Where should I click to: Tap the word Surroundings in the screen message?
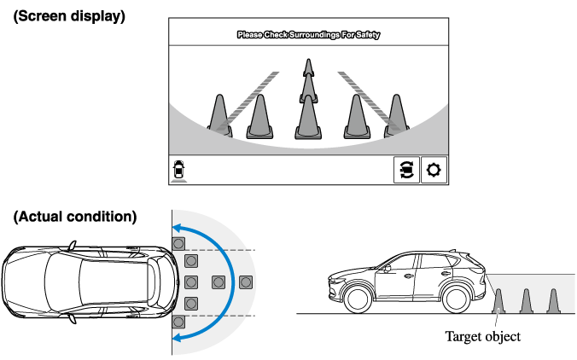pos(315,35)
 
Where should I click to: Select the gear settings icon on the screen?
pos(434,170)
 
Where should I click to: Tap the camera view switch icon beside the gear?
pos(405,170)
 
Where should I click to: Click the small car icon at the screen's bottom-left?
pos(179,170)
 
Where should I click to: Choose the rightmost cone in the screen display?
pos(395,116)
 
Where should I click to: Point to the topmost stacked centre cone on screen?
pos(307,69)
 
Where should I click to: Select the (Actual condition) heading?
pos(74,217)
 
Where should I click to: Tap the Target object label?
pos(482,336)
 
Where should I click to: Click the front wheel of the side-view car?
pos(356,298)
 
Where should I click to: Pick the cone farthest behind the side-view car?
pos(553,301)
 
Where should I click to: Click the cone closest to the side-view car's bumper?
pos(498,301)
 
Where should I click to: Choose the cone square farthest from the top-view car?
pos(247,282)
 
